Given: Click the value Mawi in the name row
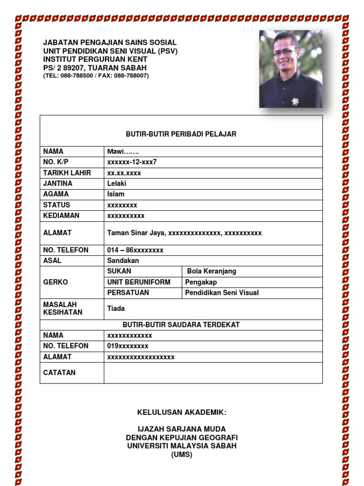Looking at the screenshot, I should (x=123, y=151).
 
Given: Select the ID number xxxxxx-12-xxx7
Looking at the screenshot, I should (x=132, y=162).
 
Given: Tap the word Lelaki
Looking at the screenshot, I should (x=117, y=183).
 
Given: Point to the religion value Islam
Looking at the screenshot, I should (x=116, y=194).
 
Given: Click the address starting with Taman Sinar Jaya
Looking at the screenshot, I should (x=184, y=233).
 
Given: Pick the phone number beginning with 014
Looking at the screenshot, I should (x=135, y=250).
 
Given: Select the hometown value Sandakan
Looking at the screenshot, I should (x=123, y=261).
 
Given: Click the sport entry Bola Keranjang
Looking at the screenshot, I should (x=211, y=271).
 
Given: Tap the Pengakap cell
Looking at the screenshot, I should (x=201, y=282).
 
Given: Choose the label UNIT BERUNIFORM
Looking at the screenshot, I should (x=138, y=282).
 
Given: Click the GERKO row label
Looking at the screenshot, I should (x=55, y=282).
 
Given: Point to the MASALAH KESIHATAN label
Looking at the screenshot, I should (x=63, y=308).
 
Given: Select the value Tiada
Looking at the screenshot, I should (x=116, y=308).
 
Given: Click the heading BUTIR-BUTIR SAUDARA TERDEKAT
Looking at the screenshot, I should (x=181, y=325).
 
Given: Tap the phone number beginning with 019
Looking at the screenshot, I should (x=127, y=346).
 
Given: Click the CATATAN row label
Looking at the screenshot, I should (x=59, y=373).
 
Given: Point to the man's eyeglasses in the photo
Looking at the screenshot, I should (x=285, y=52).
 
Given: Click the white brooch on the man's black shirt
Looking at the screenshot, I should (x=295, y=101).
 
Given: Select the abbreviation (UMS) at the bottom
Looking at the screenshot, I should (x=182, y=455).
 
